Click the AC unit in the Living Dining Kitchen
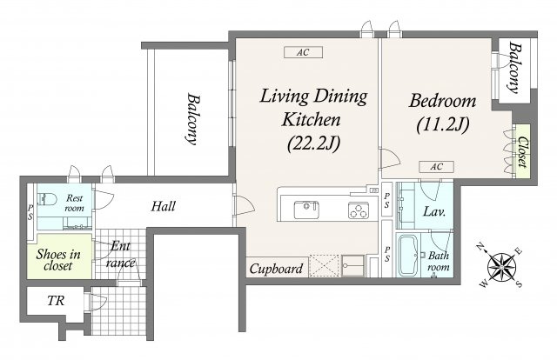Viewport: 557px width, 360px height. coord(303,52)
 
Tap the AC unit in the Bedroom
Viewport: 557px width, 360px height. coord(436,166)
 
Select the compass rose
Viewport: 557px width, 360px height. coord(501,265)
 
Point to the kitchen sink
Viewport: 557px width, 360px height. coord(306,210)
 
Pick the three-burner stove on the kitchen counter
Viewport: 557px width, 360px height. coord(359,210)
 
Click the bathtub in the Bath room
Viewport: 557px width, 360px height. coord(408,255)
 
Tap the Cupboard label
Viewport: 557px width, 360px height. coord(277,269)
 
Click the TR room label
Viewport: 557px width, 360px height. coord(56,301)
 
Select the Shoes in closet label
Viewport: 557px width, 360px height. coord(58,259)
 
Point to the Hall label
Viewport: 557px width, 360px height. coord(163,206)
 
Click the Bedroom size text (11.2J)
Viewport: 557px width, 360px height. coord(443,124)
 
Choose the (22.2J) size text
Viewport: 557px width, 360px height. coord(313,143)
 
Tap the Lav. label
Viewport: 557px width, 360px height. coord(434,212)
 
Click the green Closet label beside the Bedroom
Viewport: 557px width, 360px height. coord(522,151)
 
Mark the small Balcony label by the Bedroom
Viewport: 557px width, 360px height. coord(514,68)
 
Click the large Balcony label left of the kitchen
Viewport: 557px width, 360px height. coord(192,119)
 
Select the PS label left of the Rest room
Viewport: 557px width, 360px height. coord(30,211)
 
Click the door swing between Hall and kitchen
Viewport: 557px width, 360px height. coord(244,205)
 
